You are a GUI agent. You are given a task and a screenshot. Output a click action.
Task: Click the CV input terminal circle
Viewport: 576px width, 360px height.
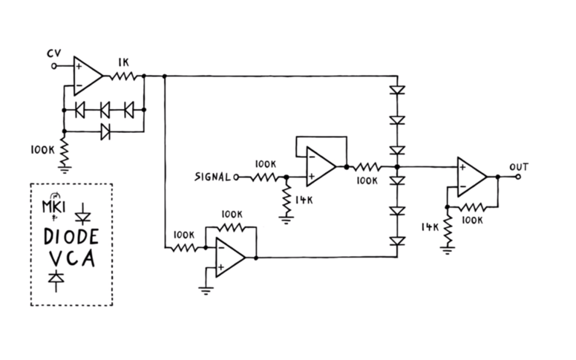pos(53,66)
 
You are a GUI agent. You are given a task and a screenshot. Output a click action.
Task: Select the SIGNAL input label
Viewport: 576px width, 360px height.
pos(212,177)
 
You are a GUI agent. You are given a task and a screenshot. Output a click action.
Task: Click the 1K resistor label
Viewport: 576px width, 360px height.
pos(123,63)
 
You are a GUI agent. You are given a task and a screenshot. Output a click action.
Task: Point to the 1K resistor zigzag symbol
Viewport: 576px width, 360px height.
pos(126,76)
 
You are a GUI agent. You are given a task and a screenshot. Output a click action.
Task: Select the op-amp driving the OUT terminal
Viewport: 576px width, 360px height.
pos(471,177)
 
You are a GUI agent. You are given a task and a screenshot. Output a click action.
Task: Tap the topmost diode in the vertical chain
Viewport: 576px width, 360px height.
pos(397,90)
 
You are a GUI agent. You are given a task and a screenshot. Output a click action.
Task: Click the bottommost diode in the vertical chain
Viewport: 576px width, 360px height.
pos(397,241)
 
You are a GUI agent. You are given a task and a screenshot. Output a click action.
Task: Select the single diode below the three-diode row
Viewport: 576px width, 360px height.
pos(105,131)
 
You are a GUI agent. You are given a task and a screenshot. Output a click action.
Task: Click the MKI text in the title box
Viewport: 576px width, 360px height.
pos(53,205)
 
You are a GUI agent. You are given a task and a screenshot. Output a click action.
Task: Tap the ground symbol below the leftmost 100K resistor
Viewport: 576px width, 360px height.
pos(65,170)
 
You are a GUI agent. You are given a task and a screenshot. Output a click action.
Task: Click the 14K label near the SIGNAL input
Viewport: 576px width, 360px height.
pos(304,201)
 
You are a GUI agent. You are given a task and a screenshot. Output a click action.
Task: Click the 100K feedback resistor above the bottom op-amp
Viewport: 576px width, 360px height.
pos(231,227)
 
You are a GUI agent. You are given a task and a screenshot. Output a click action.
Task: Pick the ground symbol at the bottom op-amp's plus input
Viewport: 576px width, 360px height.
pos(206,290)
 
